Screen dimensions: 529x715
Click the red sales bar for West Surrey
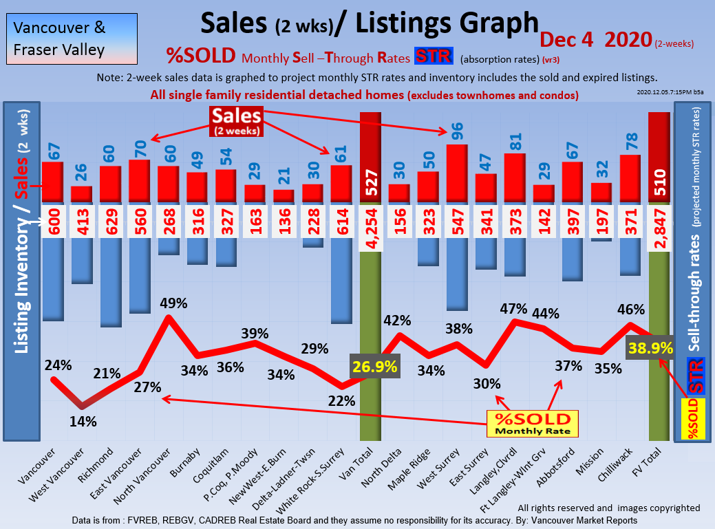[458, 173]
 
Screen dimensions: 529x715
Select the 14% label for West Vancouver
[83, 421]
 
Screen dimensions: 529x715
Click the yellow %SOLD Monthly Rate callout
[533, 424]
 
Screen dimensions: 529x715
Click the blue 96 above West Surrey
[458, 131]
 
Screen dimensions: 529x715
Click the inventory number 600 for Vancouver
[52, 222]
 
